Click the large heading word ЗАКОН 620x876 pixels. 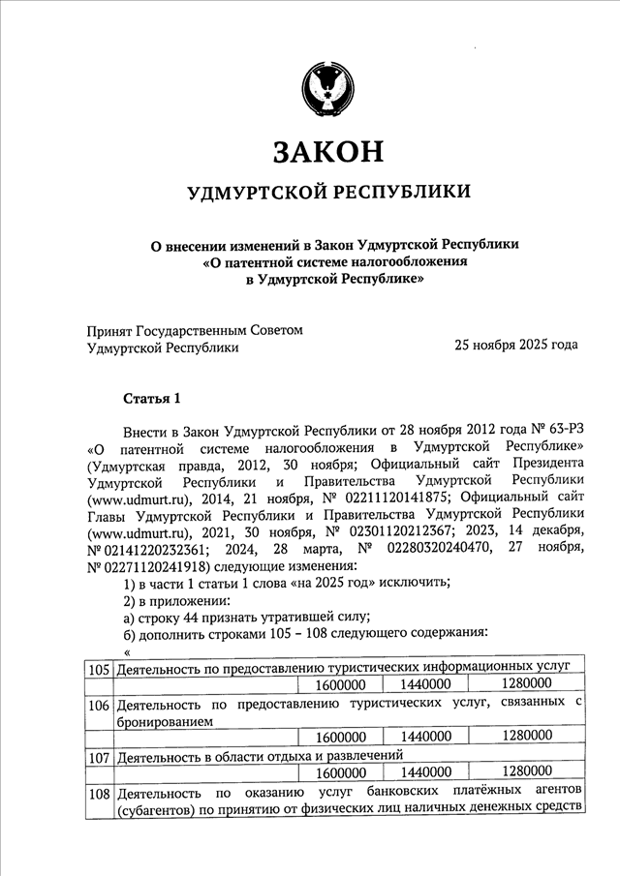pos(328,151)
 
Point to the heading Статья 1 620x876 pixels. pos(153,399)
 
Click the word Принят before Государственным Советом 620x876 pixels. pos(109,331)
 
